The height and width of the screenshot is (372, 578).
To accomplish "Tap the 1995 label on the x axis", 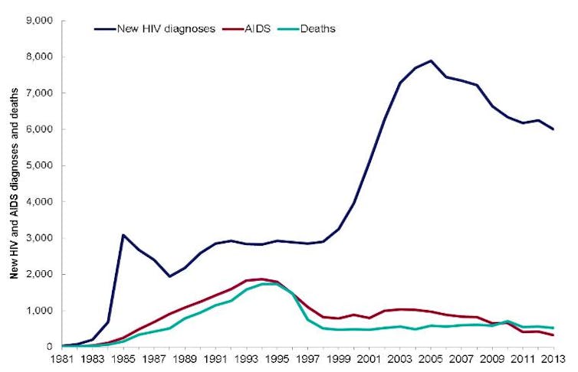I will (x=278, y=359).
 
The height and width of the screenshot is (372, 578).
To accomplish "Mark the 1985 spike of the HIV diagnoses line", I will (x=123, y=235).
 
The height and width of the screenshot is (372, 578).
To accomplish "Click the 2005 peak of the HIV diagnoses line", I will (x=432, y=60).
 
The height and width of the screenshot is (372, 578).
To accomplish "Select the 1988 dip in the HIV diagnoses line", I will (x=170, y=276).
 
